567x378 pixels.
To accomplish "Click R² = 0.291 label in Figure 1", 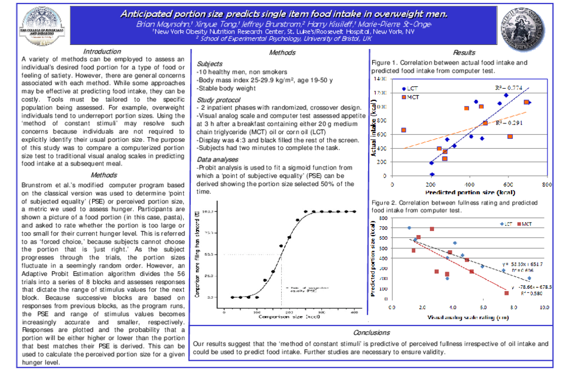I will pos(507,123).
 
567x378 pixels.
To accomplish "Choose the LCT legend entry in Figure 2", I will pos(506,224).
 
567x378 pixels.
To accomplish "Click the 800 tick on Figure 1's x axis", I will pos(546,184).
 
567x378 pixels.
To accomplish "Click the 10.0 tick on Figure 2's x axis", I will pos(543,308).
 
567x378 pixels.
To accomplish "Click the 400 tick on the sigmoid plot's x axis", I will pos(354,312).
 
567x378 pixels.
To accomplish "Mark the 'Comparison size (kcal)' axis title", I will pos(289,320).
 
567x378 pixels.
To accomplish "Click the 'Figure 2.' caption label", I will pos(387,203).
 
